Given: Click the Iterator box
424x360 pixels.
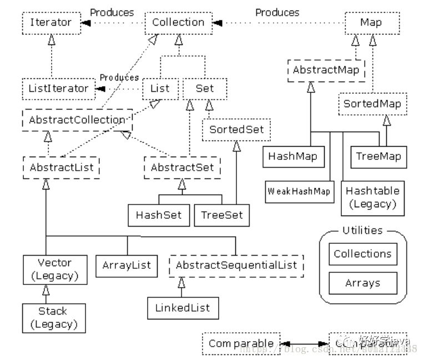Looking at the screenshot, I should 51,23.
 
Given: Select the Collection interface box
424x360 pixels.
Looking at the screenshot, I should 178,23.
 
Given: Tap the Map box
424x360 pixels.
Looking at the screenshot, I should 371,23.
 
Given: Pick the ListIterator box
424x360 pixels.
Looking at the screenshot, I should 58,88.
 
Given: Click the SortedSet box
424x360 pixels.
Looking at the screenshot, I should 236,130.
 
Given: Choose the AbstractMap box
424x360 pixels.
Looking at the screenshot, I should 326,71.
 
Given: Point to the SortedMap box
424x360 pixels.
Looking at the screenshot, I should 371,104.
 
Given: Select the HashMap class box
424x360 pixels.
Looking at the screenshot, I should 292,156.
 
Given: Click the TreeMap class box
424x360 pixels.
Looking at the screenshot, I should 378,156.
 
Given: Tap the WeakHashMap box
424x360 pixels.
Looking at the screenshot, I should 299,192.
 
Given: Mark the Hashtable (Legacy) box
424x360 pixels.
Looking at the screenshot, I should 372,197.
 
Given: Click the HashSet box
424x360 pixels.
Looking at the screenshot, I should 159,215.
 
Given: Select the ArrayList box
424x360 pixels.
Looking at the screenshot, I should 127,266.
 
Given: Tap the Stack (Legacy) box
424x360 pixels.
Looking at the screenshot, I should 53,317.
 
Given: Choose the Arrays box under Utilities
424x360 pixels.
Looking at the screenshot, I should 362,283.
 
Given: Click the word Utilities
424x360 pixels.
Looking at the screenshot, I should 362,230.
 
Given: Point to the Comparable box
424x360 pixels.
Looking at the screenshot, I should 240,343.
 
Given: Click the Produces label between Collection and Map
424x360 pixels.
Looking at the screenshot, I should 277,12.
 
